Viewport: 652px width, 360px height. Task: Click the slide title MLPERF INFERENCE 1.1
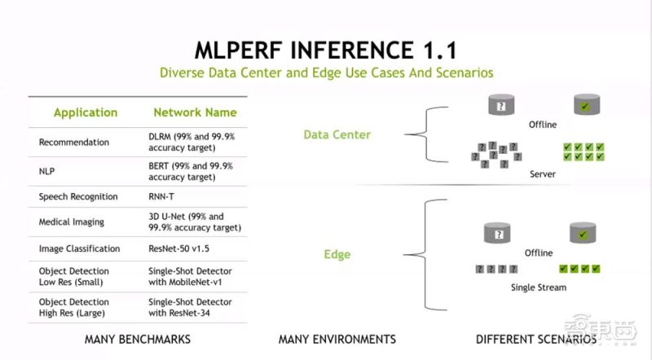326,50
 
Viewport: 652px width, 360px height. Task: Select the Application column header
86,112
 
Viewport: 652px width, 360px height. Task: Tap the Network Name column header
195,112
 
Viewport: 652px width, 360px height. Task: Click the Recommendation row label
74,143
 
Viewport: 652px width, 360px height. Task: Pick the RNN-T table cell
161,196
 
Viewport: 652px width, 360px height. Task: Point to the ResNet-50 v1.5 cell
178,248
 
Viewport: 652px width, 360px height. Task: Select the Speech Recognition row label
78,196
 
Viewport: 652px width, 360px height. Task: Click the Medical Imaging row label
72,222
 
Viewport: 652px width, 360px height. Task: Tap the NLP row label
46,171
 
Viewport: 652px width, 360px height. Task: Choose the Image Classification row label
79,248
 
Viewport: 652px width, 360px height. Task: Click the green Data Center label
337,134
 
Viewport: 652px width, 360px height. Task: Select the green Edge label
337,254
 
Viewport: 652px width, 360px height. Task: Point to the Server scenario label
543,174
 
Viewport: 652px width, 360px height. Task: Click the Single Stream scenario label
539,288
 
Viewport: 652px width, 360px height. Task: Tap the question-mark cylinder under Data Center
501,105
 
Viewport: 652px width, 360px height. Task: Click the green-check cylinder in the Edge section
583,233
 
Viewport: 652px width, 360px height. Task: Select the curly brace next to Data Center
426,134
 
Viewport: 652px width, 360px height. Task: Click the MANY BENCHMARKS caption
138,339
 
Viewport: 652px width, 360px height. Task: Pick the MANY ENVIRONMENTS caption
337,339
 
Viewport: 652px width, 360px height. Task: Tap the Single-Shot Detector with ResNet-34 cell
190,308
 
